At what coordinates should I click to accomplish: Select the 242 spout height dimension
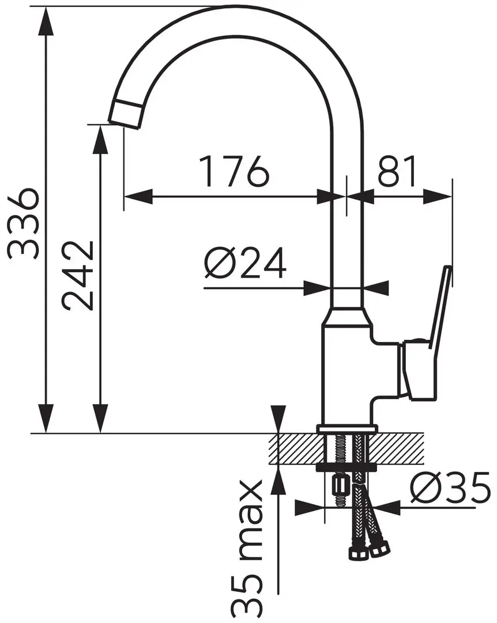(x=78, y=276)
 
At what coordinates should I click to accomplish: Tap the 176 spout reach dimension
(x=234, y=171)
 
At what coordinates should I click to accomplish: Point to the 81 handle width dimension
(x=397, y=171)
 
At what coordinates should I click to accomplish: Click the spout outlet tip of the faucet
(x=126, y=112)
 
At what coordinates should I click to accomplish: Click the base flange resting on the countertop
(x=347, y=429)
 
